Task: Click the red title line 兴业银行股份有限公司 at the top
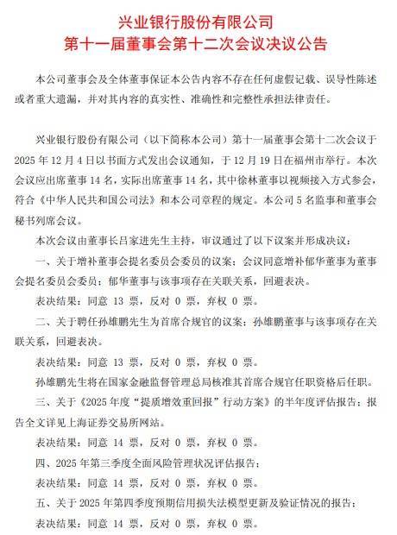198,20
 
